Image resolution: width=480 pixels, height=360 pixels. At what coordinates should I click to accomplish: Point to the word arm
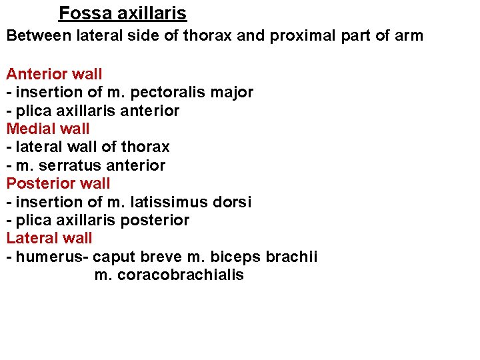tap(409, 35)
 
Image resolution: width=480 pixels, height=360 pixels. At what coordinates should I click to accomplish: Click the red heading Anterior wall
tap(55, 74)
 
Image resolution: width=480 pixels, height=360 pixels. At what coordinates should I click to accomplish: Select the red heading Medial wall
tap(48, 129)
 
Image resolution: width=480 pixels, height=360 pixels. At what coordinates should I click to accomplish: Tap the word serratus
tap(69, 165)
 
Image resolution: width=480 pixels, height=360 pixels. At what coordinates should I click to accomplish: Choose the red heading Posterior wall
tap(59, 183)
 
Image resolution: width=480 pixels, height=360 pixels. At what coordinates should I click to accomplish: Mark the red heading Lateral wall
tap(49, 238)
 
